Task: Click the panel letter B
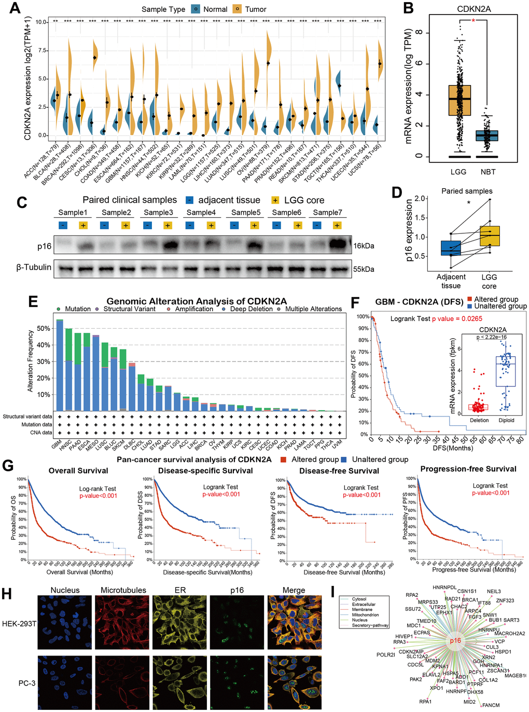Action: point(409,8)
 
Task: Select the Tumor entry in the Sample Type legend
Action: point(255,9)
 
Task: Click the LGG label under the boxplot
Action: point(458,172)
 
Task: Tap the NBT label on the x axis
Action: point(488,172)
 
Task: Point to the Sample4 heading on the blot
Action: point(201,213)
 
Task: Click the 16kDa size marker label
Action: point(364,246)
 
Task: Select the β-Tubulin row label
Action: point(34,268)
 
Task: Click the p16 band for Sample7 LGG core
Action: point(337,243)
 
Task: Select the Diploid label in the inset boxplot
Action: point(506,421)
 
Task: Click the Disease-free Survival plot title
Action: point(339,471)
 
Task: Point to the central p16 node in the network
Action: point(455,640)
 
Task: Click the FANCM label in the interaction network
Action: point(491,705)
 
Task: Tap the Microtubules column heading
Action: point(123,590)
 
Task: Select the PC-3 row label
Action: point(27,683)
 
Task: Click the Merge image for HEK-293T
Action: point(294,622)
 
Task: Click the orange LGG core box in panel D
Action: point(489,236)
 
